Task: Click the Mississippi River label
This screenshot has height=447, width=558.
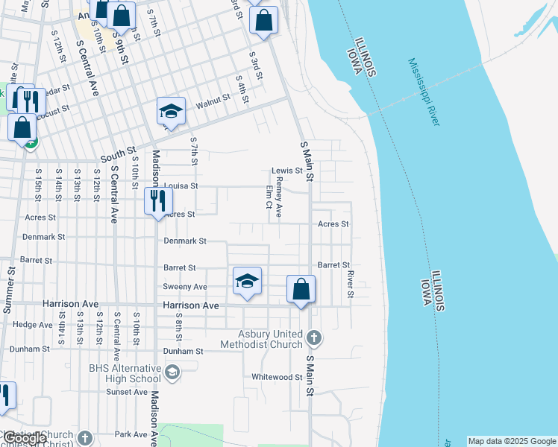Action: (422, 92)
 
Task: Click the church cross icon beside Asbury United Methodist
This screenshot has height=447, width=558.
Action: (314, 337)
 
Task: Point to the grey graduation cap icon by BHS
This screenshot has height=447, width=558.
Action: (172, 372)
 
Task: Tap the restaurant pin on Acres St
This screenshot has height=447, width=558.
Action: (158, 201)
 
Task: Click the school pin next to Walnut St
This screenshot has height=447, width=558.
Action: (172, 112)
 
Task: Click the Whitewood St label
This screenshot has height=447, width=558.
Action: (272, 377)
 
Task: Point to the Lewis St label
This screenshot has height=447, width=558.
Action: (286, 171)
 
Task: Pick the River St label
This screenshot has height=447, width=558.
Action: (349, 284)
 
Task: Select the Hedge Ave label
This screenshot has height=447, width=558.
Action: (32, 324)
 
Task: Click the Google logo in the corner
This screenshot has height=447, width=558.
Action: (25, 438)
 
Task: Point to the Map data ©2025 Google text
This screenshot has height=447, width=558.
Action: (512, 441)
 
